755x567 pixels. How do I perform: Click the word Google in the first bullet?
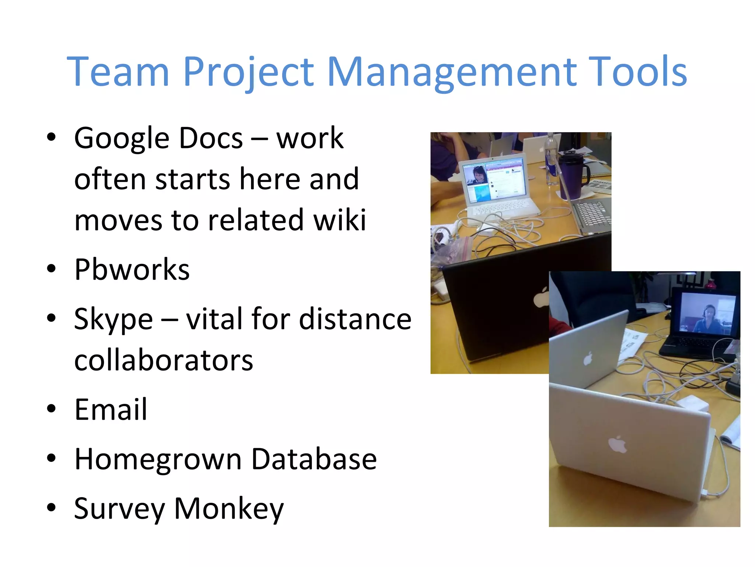click(122, 138)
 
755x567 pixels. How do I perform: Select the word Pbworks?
click(132, 270)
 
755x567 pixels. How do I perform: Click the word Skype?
click(113, 319)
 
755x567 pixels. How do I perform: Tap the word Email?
click(111, 409)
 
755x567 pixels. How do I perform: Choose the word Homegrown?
click(158, 459)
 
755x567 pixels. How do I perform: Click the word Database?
click(314, 459)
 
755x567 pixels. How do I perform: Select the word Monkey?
click(229, 509)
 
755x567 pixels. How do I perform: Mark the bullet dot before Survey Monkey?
click(51, 507)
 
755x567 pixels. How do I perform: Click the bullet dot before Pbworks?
click(51, 268)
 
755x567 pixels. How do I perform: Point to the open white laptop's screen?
click(494, 180)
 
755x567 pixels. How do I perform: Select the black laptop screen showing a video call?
click(706, 314)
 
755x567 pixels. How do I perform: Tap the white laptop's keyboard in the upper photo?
click(501, 208)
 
